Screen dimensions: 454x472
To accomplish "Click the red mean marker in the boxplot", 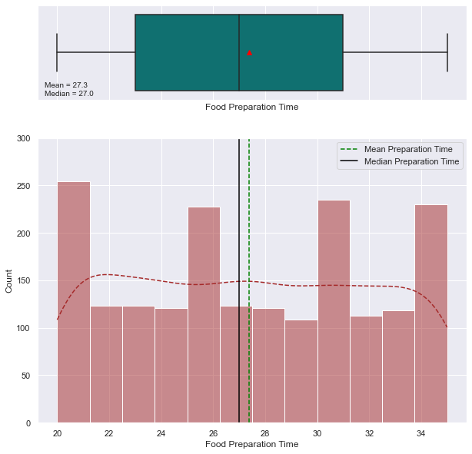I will pyautogui.click(x=249, y=53).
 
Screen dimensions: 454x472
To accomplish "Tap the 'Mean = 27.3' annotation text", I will pyautogui.click(x=66, y=85).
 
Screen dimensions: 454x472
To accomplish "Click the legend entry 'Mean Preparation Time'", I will pyautogui.click(x=407, y=149).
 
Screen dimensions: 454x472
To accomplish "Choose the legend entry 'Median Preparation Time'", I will pyautogui.click(x=411, y=161).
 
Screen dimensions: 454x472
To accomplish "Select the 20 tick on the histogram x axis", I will pyautogui.click(x=57, y=433).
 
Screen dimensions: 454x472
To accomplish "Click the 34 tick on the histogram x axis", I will pyautogui.click(x=421, y=433).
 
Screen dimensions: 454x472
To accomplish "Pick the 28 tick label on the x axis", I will pyautogui.click(x=265, y=433).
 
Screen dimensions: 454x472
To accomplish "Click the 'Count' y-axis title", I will pyautogui.click(x=9, y=280).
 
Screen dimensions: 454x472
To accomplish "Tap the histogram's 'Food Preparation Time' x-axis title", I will pyautogui.click(x=252, y=445).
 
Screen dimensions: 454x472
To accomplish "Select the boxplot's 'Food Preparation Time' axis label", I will pyautogui.click(x=252, y=107).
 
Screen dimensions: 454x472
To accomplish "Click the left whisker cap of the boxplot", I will pyautogui.click(x=57, y=52).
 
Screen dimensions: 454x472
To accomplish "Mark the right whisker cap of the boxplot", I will pyautogui.click(x=447, y=52).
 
